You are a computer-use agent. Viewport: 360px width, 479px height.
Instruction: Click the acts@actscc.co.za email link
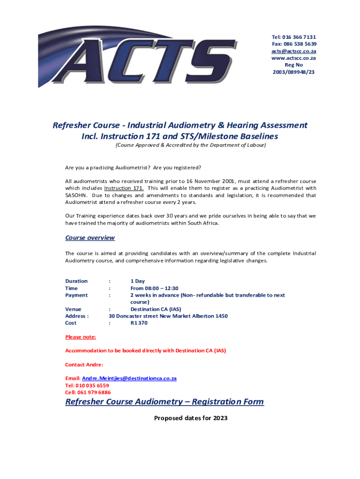pyautogui.click(x=294, y=51)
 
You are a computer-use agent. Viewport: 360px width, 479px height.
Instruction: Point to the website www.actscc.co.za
pyautogui.click(x=294, y=58)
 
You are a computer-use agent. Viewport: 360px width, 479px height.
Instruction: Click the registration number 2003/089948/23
pyautogui.click(x=294, y=72)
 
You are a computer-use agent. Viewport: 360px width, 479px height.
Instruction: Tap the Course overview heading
pyautogui.click(x=90, y=238)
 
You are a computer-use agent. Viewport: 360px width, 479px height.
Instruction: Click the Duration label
pyautogui.click(x=76, y=281)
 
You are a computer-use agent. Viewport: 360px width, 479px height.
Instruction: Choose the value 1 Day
pyautogui.click(x=137, y=281)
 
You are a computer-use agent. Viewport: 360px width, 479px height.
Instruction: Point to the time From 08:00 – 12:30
pyautogui.click(x=154, y=288)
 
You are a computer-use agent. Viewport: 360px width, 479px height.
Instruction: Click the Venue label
pyautogui.click(x=73, y=309)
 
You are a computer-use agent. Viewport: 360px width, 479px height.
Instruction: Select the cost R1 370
pyautogui.click(x=139, y=323)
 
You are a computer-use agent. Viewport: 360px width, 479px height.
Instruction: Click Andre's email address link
pyautogui.click(x=129, y=378)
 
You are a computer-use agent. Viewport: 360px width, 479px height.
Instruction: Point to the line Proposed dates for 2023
pyautogui.click(x=191, y=418)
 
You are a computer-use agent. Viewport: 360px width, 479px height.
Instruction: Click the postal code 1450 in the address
pyautogui.click(x=222, y=316)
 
